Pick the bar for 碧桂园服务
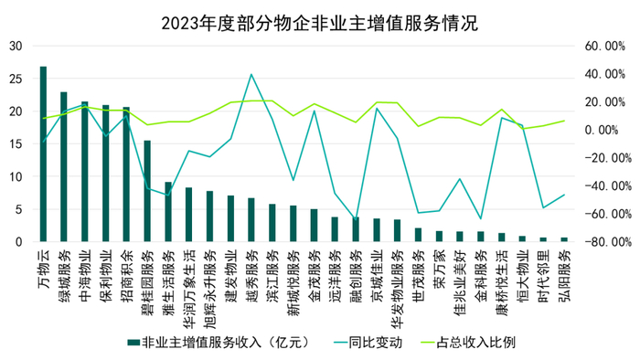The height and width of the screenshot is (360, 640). tap(147, 192)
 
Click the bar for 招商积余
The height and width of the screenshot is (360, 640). tap(126, 175)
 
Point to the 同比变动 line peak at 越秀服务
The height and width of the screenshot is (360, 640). tap(251, 74)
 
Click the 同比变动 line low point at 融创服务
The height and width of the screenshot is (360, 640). tap(356, 220)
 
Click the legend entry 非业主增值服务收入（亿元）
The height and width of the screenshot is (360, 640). tap(219, 342)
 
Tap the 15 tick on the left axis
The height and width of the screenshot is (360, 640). tap(16, 144)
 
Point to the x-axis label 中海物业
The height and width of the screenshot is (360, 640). tap(85, 270)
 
